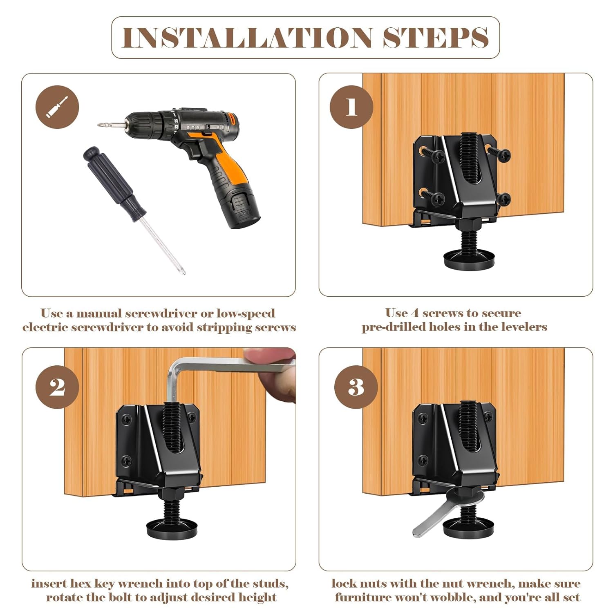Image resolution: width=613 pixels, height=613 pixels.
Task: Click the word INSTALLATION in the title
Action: click(x=247, y=38)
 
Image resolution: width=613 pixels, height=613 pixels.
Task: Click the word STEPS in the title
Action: click(x=436, y=38)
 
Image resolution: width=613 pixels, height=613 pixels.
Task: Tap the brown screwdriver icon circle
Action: click(x=57, y=107)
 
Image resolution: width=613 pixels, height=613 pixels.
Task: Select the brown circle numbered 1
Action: click(x=351, y=107)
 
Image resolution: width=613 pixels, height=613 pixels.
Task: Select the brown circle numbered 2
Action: click(x=57, y=387)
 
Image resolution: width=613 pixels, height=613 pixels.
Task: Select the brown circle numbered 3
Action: click(x=356, y=387)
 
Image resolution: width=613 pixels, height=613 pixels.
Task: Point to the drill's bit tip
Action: click(x=99, y=125)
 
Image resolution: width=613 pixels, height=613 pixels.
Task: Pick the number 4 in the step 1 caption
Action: click(x=415, y=313)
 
